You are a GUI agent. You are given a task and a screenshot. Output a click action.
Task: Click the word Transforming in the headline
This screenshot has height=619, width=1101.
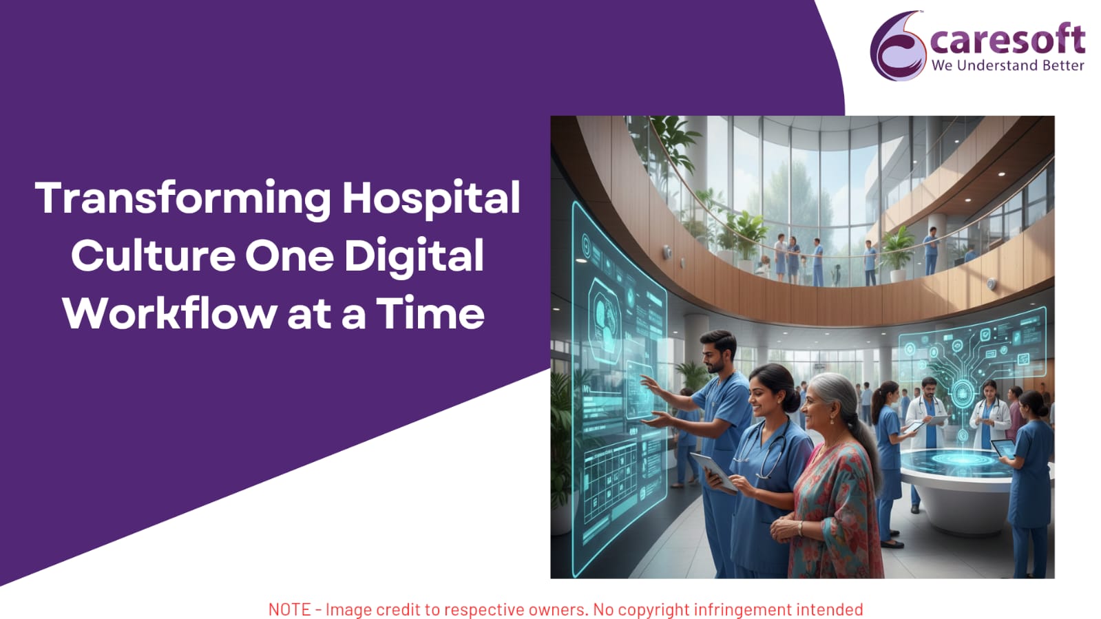(x=183, y=198)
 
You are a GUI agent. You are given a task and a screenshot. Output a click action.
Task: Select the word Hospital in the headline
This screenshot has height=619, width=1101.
(x=431, y=198)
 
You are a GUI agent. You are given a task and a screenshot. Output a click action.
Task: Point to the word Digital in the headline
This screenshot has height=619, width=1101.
(x=415, y=255)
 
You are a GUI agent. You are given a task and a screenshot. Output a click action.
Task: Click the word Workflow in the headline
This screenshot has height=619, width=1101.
(x=169, y=313)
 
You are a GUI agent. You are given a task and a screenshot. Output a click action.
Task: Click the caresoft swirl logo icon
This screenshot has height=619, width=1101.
(x=898, y=46)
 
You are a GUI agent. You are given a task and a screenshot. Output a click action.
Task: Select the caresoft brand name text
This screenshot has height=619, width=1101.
(x=1007, y=39)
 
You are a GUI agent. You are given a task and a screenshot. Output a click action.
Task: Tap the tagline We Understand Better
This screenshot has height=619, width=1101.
(x=1007, y=65)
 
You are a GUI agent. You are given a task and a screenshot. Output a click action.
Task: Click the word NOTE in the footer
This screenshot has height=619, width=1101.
(x=289, y=609)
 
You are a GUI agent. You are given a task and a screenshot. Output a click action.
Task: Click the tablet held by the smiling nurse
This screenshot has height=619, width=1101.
(x=714, y=471)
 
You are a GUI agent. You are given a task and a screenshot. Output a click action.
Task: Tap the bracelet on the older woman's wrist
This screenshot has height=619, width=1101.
(x=801, y=529)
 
